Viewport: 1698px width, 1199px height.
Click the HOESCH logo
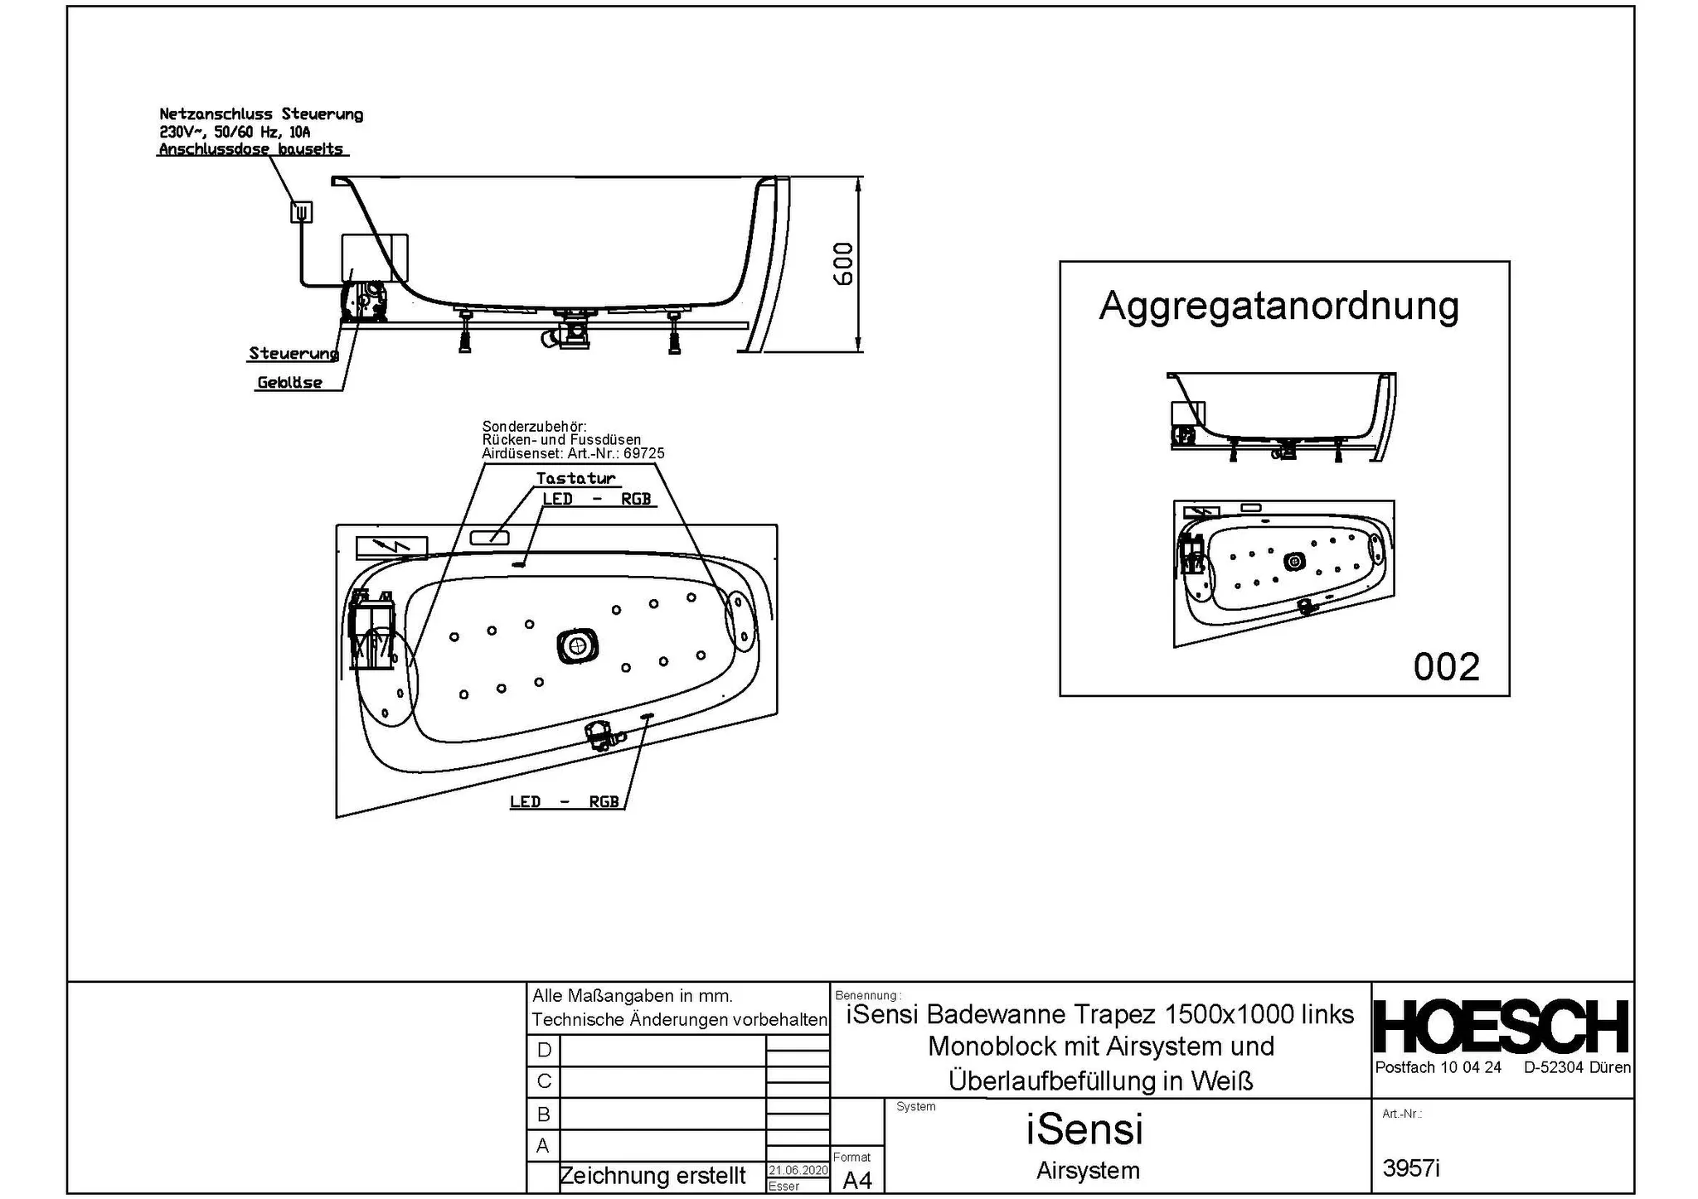[1502, 1027]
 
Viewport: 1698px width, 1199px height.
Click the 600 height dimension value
[842, 264]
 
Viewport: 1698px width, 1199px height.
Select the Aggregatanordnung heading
[1278, 306]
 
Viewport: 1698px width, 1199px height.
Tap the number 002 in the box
[1446, 667]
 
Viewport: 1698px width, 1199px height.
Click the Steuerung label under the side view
[294, 354]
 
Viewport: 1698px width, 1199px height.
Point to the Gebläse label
[289, 383]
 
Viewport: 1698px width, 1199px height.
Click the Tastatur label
[575, 478]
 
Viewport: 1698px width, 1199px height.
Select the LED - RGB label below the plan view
[564, 802]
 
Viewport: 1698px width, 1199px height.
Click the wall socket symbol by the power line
[302, 212]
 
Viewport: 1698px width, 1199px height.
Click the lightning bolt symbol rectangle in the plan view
[391, 547]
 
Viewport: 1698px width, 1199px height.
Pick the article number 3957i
[1411, 1168]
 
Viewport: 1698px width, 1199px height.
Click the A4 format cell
[857, 1180]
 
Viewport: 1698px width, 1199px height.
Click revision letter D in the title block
[544, 1050]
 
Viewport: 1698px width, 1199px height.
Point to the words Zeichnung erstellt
[653, 1176]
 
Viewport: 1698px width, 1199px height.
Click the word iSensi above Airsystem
[1084, 1129]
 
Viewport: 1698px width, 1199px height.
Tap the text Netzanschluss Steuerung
[261, 114]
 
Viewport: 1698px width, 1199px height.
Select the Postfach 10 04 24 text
[1438, 1068]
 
